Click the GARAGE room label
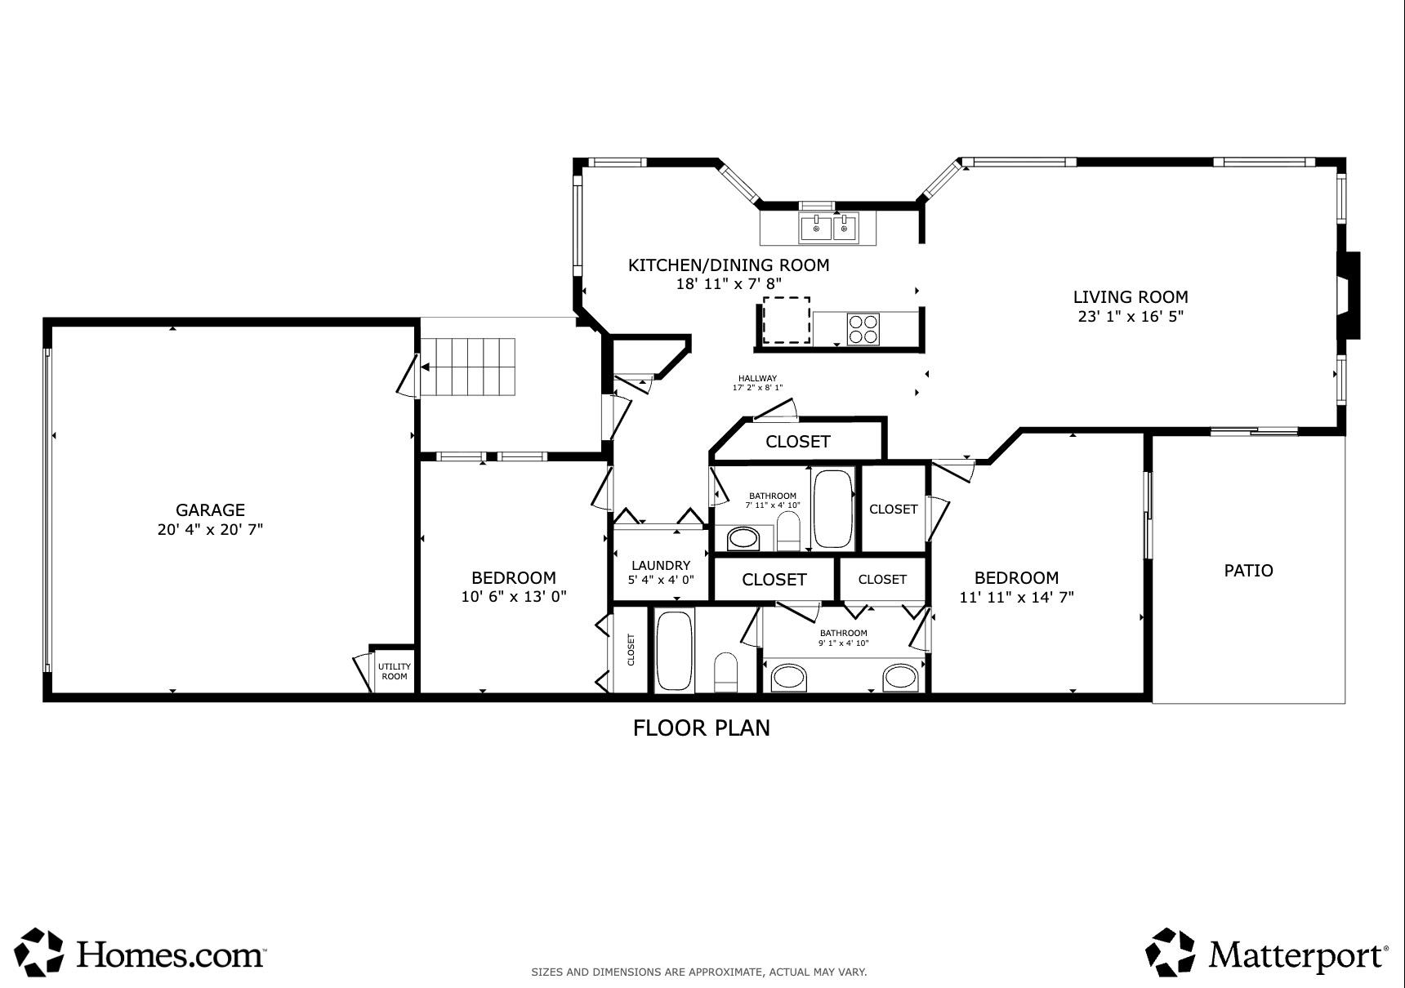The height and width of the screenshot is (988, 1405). coord(210,510)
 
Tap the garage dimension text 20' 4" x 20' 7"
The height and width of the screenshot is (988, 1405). coord(210,530)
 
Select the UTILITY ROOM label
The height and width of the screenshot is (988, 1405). coord(395,671)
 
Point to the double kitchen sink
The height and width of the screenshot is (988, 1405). coord(829,228)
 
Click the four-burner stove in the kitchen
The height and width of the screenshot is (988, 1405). coord(863,329)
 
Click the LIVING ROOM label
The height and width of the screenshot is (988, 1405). coord(1131,297)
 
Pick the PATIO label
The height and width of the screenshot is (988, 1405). coord(1248,571)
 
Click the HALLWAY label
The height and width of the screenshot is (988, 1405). coord(757,379)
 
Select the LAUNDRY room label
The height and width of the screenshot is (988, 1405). coord(661,565)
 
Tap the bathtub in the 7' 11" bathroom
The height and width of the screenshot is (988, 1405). coord(832,509)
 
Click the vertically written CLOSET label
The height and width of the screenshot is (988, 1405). coord(631,650)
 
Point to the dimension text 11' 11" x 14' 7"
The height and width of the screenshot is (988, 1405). coord(1016,598)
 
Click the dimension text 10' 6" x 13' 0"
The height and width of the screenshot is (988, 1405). coord(514,597)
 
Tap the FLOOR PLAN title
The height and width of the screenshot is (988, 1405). coord(702,728)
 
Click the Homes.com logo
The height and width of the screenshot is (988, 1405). coord(143,952)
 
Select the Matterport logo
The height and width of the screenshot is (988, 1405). coord(1266,952)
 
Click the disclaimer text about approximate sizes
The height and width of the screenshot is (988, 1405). coord(698,972)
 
